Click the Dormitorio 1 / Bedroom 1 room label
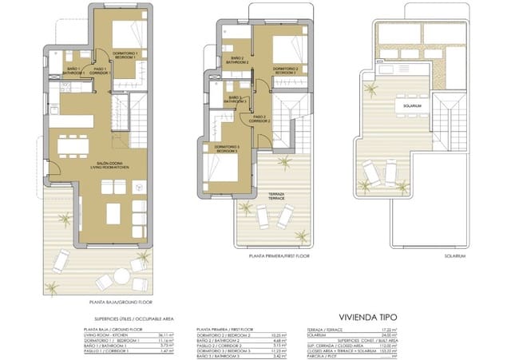coord(124,55)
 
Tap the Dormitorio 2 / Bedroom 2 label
coord(285,71)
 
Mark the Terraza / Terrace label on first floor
coord(276,196)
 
